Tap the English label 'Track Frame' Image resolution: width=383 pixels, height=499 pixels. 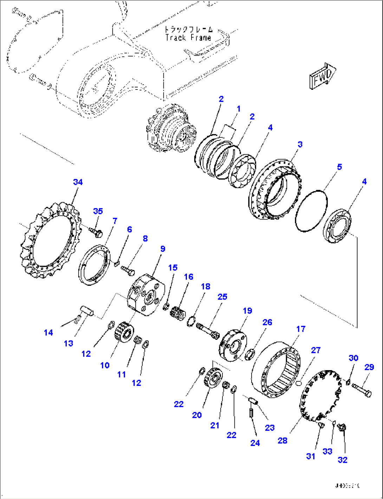pyautogui.click(x=188, y=38)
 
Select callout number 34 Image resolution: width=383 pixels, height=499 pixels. pyautogui.click(x=78, y=182)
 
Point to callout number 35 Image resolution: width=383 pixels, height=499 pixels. pyautogui.click(x=98, y=211)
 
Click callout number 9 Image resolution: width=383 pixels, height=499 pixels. pyautogui.click(x=162, y=249)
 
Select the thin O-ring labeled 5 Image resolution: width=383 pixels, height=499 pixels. pyautogui.click(x=311, y=211)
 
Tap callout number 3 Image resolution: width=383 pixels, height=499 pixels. pyautogui.click(x=300, y=144)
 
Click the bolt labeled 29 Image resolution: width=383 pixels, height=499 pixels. pyautogui.click(x=361, y=390)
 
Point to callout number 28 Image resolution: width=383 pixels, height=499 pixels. pyautogui.click(x=282, y=440)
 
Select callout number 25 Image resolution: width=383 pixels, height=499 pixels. pyautogui.click(x=222, y=297)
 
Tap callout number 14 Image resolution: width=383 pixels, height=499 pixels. pyautogui.click(x=48, y=332)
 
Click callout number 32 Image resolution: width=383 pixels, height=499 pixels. pyautogui.click(x=342, y=460)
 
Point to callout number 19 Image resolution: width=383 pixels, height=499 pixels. pyautogui.click(x=247, y=310)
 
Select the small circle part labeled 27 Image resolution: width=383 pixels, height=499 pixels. pyautogui.click(x=299, y=383)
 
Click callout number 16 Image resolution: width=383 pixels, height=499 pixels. pyautogui.click(x=188, y=277)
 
